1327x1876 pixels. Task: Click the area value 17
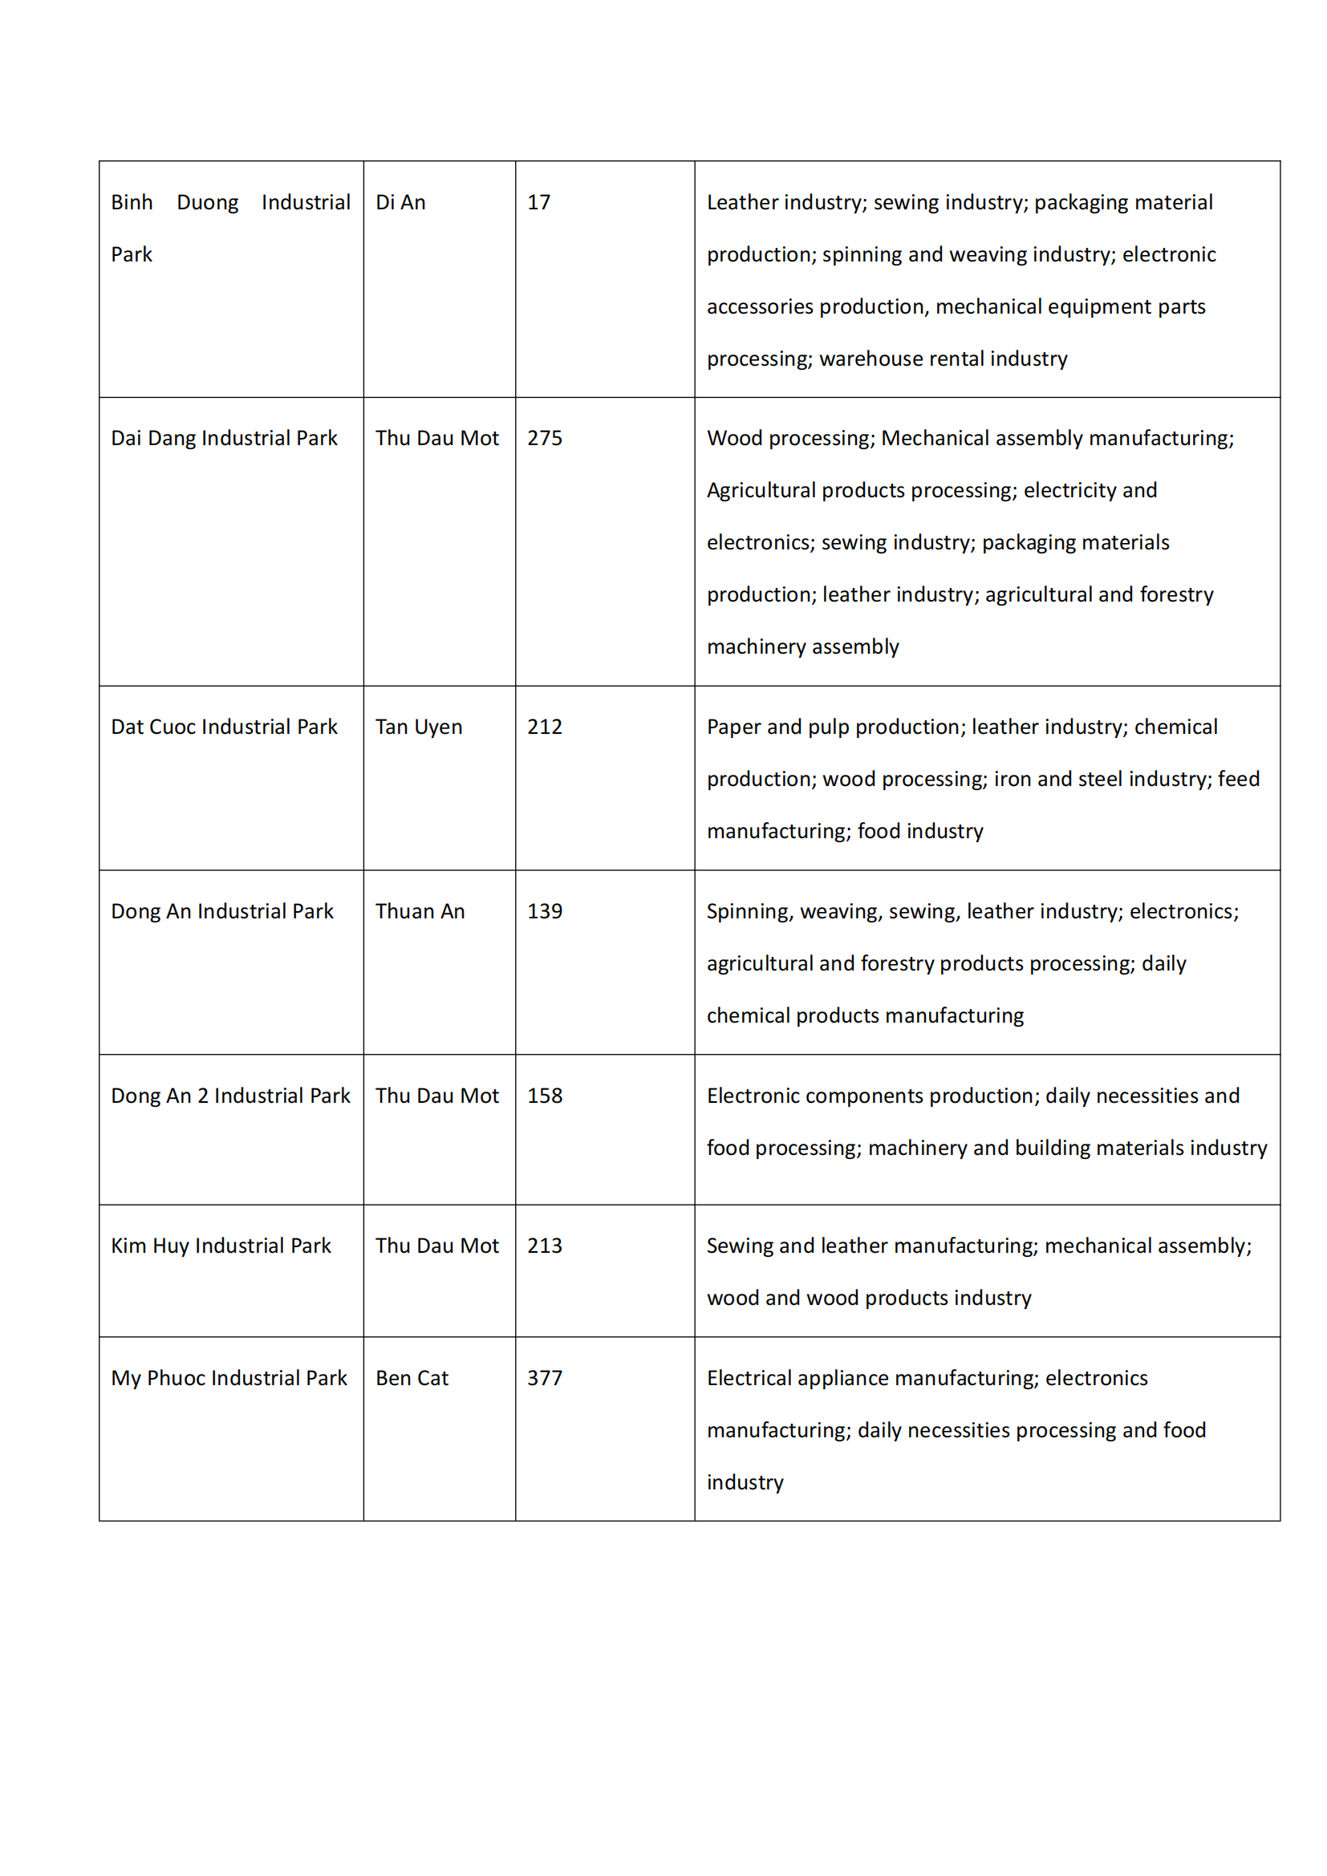(x=538, y=203)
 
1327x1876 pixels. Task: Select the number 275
(x=544, y=439)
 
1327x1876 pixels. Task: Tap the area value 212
(x=544, y=727)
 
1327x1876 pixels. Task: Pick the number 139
(x=544, y=912)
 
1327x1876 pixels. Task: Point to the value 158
(x=544, y=1096)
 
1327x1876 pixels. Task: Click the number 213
(x=544, y=1246)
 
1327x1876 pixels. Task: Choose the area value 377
(x=544, y=1379)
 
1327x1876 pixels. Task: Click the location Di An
(x=400, y=203)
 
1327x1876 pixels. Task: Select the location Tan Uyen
(x=418, y=727)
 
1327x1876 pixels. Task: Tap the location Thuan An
(x=420, y=912)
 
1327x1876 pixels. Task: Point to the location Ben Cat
(x=412, y=1379)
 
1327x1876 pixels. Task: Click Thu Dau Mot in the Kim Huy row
(x=437, y=1246)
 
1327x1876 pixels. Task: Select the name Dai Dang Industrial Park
(x=224, y=439)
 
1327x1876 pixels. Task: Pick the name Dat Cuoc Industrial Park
(x=224, y=727)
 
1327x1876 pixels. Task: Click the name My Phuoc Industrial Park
(x=229, y=1379)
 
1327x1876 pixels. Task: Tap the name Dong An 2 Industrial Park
(x=230, y=1096)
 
